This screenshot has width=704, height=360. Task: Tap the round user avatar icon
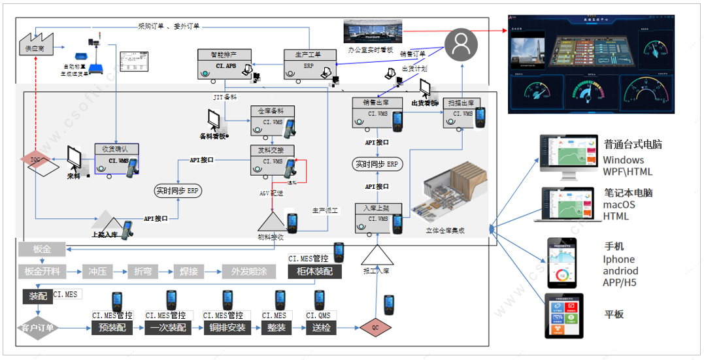click(461, 45)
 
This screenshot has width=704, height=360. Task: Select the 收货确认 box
click(116, 159)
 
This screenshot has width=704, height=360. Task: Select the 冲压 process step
click(97, 271)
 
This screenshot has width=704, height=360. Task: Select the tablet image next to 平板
click(564, 316)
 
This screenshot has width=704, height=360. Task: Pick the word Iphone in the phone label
click(618, 259)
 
